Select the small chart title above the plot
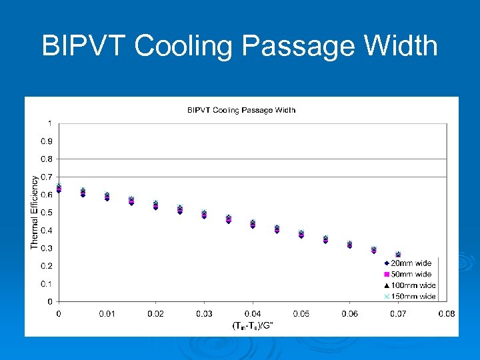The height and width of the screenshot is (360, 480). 241,110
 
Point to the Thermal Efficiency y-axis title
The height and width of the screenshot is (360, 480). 35,212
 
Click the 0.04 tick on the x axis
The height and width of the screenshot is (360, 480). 253,313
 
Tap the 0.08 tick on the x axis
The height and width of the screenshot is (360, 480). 446,313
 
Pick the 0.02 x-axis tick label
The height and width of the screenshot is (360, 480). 155,313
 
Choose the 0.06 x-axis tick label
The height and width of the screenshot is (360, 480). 349,313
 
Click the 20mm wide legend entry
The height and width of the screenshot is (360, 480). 409,263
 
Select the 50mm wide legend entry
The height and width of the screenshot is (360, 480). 409,274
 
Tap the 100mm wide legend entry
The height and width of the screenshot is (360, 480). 409,285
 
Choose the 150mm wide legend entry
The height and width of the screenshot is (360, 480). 409,296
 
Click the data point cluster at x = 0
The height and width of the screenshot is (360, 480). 59,188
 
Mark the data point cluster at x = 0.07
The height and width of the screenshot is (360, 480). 398,255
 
